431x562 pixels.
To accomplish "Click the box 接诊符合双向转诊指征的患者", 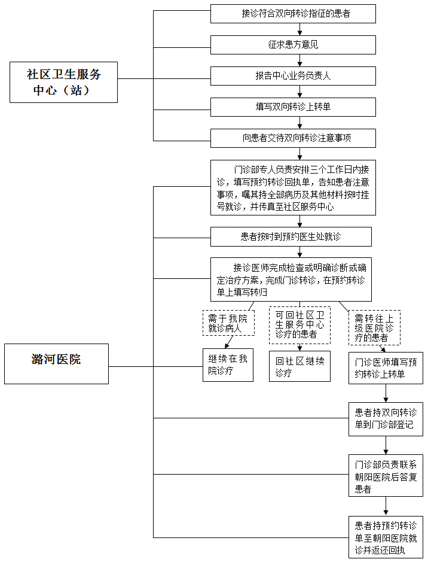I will tap(293, 13).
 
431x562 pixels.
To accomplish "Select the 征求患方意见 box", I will tap(293, 44).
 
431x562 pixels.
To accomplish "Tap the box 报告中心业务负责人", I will tap(293, 75).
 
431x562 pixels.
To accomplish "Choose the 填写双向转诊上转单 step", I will tap(293, 107).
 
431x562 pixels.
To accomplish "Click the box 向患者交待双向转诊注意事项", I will tap(293, 138).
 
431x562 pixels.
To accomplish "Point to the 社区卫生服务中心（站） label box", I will tap(64, 82).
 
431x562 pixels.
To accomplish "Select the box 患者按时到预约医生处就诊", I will tap(291, 236).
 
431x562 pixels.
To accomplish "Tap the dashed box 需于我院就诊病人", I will tap(228, 323).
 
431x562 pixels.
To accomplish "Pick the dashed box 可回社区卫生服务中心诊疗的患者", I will tap(299, 325).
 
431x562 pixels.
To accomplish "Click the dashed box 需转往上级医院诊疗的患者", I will tap(374, 327).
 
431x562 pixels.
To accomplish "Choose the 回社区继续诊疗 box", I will tap(299, 366).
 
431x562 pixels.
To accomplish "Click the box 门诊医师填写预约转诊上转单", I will tap(386, 368).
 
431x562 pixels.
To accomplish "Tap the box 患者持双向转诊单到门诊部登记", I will tap(386, 418).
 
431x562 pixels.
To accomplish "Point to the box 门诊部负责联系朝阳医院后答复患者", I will tap(386, 475).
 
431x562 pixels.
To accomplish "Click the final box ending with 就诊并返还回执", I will tap(386, 537).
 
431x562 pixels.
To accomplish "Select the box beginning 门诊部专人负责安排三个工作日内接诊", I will tap(293, 187).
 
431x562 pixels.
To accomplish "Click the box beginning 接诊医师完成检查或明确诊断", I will tap(291, 279).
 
